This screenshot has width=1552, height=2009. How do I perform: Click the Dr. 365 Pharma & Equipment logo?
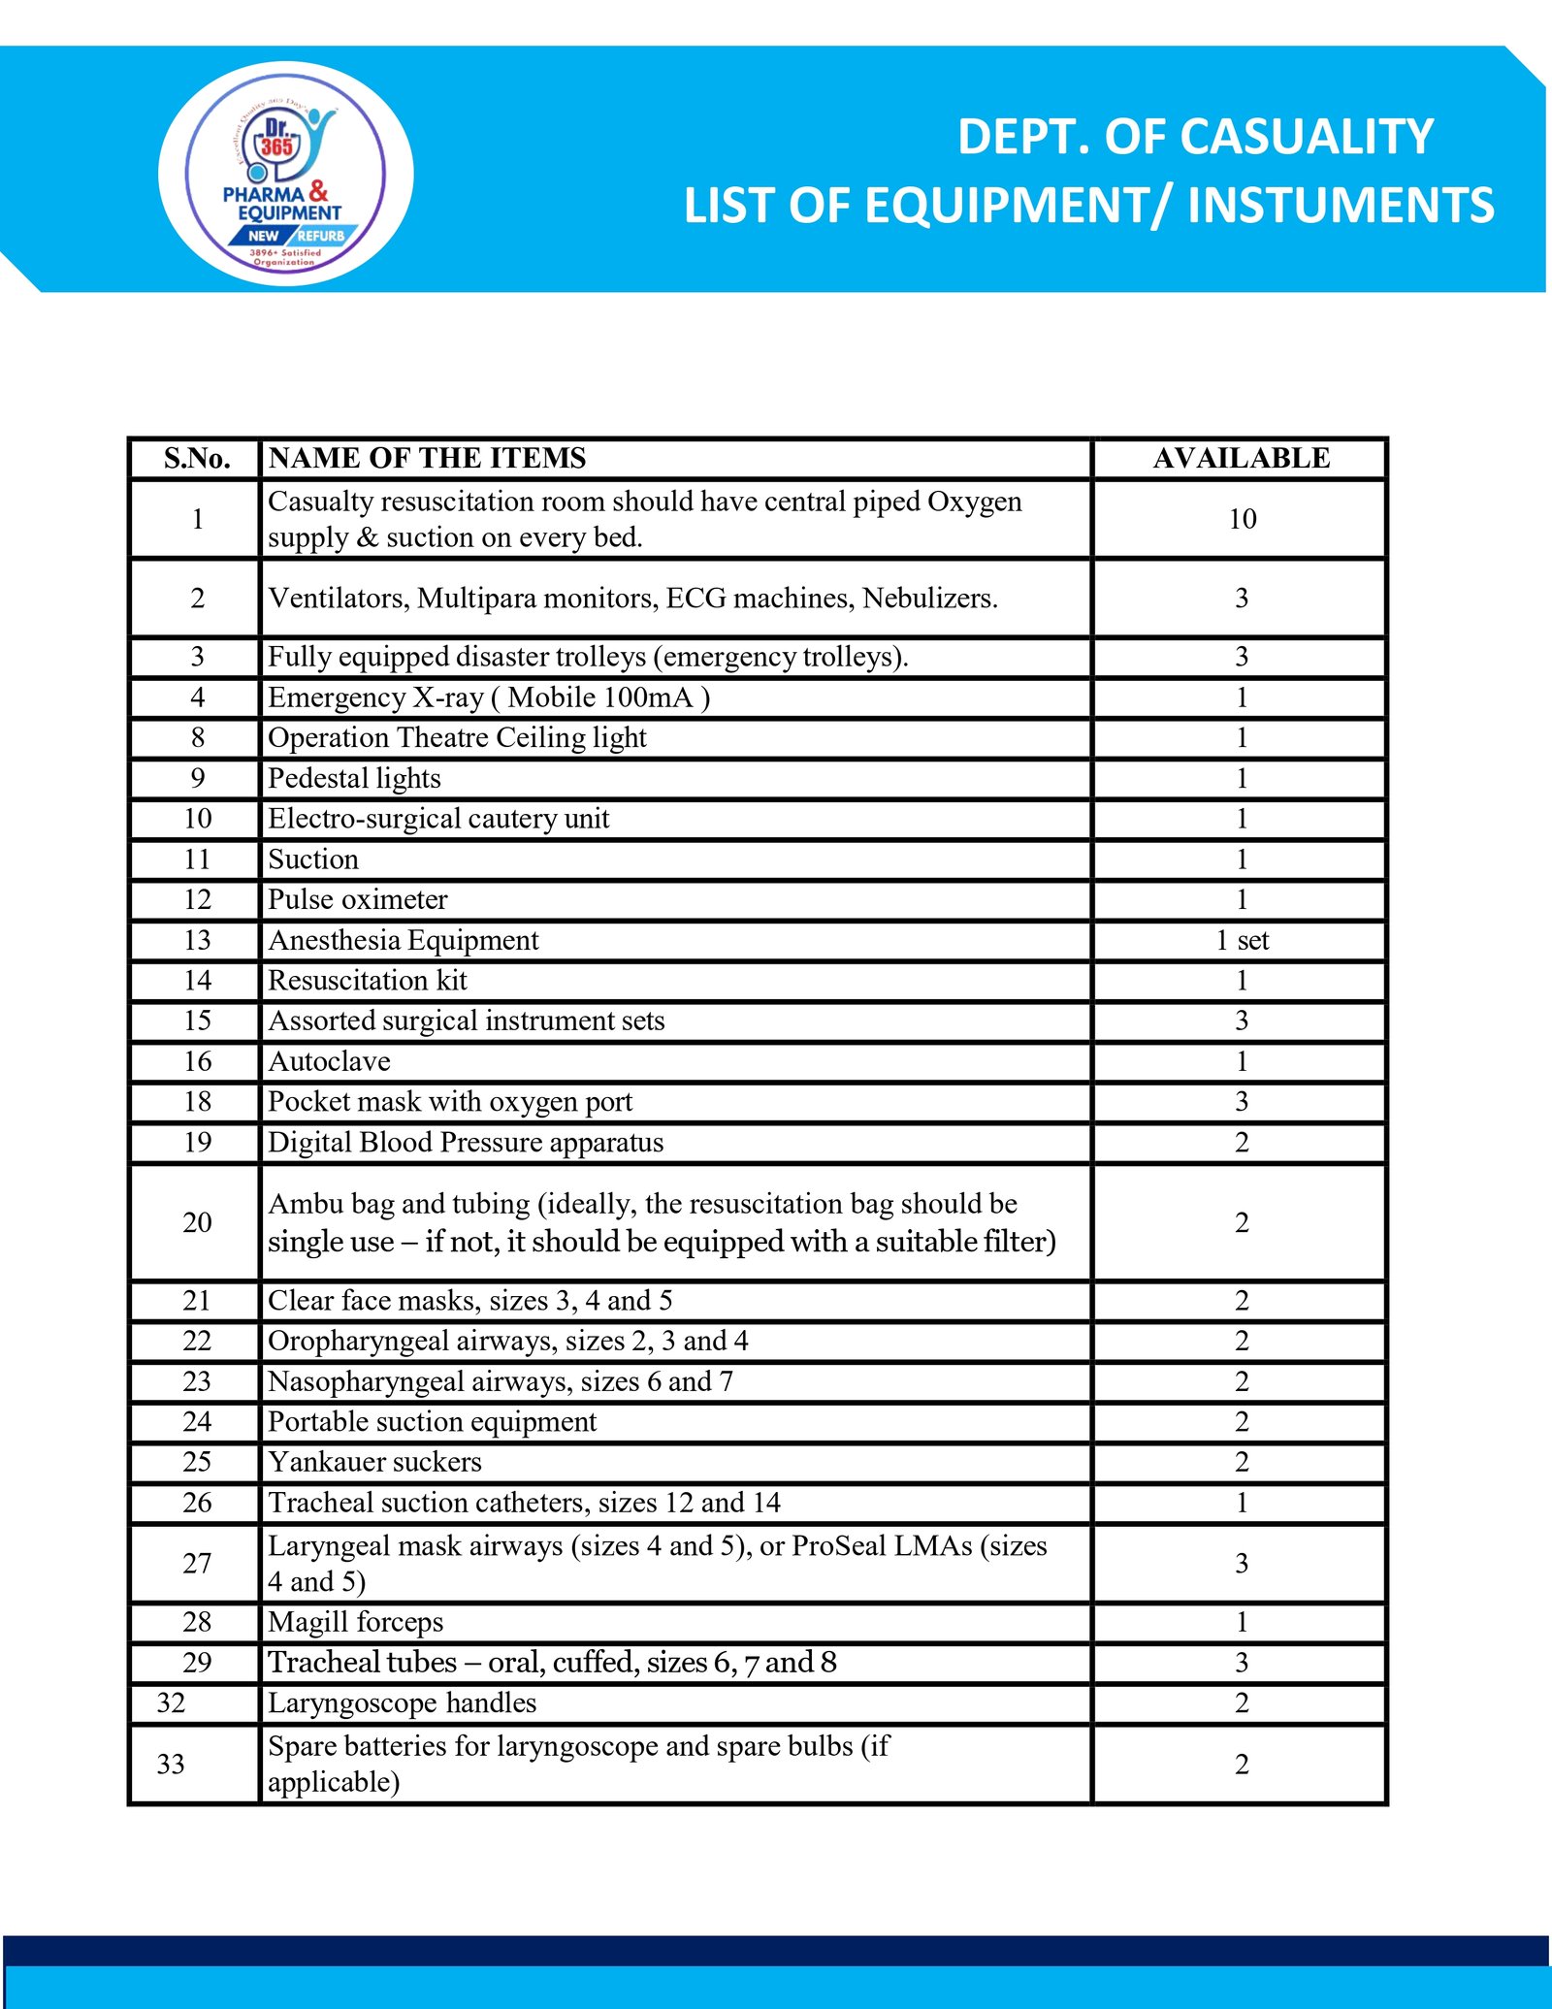click(285, 175)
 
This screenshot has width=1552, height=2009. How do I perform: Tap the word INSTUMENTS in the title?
click(1341, 206)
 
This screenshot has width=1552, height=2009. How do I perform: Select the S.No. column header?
click(197, 458)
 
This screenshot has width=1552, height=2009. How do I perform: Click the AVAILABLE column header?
click(1241, 458)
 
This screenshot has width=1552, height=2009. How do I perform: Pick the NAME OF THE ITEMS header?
click(427, 458)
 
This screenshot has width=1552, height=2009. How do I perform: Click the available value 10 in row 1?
click(1242, 519)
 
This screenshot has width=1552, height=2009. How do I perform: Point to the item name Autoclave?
click(329, 1061)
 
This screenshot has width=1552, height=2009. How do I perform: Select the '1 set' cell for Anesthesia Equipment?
click(1242, 940)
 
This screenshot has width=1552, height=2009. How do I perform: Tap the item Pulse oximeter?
click(357, 899)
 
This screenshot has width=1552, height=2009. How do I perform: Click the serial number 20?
click(197, 1222)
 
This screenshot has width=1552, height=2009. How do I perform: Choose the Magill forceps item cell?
click(355, 1622)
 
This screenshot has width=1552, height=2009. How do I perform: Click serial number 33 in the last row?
click(171, 1764)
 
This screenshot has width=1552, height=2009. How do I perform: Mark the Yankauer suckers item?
click(374, 1462)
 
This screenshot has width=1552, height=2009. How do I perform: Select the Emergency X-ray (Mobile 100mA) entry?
click(488, 697)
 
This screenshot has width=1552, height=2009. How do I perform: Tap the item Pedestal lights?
click(354, 778)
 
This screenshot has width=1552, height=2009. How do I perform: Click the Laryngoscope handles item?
click(402, 1702)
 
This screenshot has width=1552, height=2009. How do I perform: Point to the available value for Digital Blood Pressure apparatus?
click(1242, 1142)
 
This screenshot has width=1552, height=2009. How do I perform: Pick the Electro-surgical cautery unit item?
click(438, 819)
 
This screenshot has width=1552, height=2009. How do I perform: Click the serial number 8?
click(197, 737)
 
